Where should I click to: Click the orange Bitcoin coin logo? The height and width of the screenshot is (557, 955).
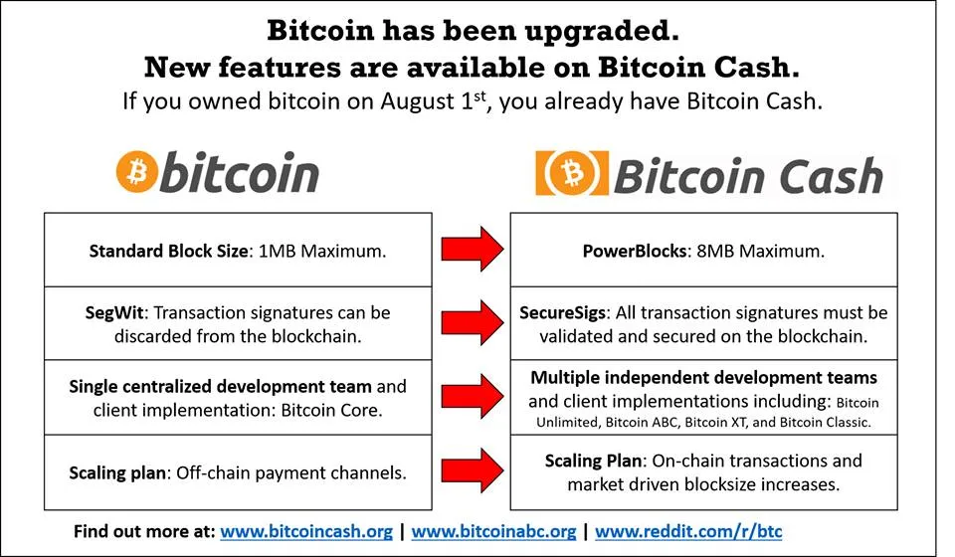pos(136,172)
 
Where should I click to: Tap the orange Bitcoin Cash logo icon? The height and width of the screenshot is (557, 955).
pos(572,173)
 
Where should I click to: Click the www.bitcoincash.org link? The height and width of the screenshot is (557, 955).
pos(306,531)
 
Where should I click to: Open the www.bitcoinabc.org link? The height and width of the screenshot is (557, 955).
pos(493,531)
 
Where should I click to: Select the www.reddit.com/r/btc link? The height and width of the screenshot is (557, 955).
pos(688,531)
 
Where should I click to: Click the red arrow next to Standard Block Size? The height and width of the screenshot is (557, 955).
pos(472,249)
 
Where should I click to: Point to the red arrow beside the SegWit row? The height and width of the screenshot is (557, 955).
pos(472,322)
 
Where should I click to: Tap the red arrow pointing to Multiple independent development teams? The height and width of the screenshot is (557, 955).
pos(472,397)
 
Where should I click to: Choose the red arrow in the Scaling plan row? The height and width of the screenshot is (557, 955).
pos(472,470)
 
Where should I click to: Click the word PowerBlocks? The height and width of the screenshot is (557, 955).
pos(634,251)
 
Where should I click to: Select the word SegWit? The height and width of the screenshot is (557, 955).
pos(114,313)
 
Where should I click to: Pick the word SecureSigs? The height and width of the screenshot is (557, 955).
pos(562,313)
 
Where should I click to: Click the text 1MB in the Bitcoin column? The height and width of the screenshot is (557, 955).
pos(278,251)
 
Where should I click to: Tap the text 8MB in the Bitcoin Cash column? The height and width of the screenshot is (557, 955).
pos(715,251)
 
